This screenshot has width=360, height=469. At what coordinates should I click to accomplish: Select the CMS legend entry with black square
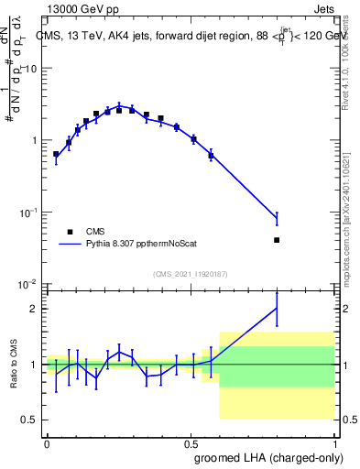69,232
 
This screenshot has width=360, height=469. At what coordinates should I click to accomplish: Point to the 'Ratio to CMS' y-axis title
13,365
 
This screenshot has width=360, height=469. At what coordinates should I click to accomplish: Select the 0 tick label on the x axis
47,442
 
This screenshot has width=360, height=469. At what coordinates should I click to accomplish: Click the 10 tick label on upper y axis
31,70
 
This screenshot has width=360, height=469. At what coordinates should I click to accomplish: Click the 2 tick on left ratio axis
36,309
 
